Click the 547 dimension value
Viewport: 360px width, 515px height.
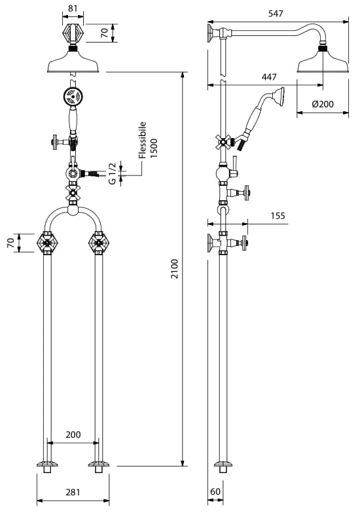(x=276, y=14)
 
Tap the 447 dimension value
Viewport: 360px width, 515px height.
(x=269, y=77)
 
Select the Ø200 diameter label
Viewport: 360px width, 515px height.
(x=323, y=104)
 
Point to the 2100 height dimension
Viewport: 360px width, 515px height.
(x=174, y=268)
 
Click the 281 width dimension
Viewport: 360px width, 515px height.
(x=73, y=492)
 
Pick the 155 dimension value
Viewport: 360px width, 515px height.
(x=278, y=216)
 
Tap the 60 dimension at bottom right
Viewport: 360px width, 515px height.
(x=215, y=491)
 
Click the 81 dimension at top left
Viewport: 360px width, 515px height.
(x=73, y=9)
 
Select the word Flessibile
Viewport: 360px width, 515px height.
(x=142, y=140)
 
